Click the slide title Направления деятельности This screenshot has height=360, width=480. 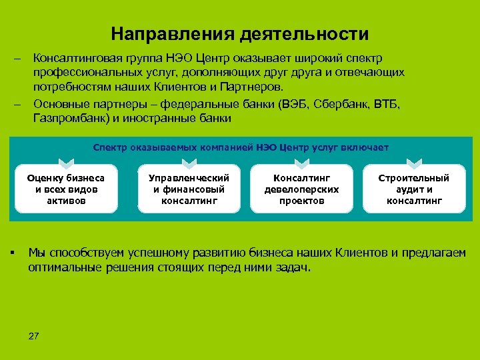[239, 33]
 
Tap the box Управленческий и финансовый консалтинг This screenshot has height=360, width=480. [189, 189]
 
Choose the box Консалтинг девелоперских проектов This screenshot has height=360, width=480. [302, 189]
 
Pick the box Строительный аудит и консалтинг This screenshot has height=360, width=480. [414, 189]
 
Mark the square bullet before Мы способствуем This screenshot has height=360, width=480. [13, 252]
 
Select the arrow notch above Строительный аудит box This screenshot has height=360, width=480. [414, 162]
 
